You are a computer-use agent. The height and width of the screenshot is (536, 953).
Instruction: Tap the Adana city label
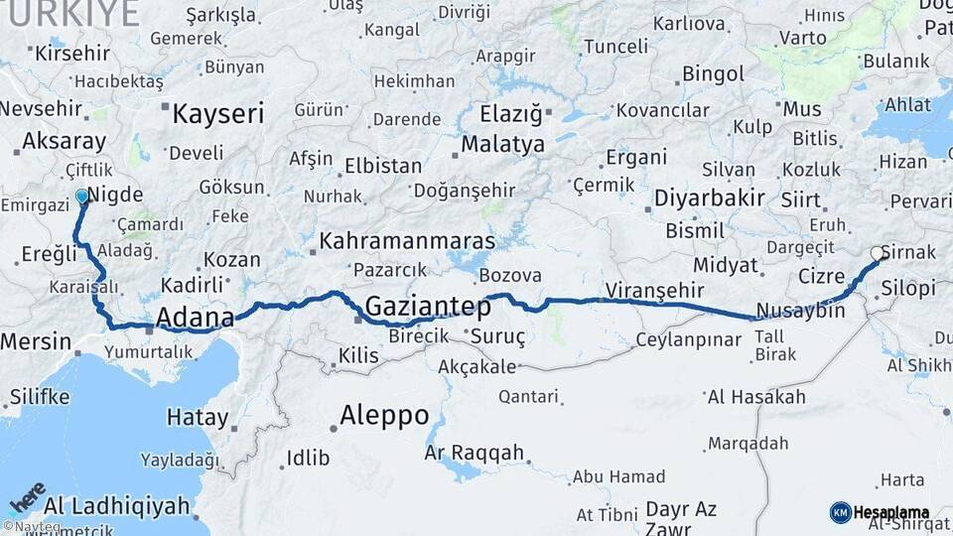pyautogui.click(x=195, y=319)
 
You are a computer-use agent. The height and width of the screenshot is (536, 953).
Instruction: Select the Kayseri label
pyautogui.click(x=218, y=113)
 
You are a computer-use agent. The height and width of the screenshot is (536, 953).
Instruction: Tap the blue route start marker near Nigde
pyautogui.click(x=82, y=198)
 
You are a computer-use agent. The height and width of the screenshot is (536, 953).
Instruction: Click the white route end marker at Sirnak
pyautogui.click(x=878, y=254)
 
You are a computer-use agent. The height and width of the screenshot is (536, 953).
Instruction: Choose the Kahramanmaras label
pyautogui.click(x=407, y=241)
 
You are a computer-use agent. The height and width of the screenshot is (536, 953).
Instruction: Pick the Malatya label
pyautogui.click(x=502, y=144)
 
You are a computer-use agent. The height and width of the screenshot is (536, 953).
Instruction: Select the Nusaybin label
pyautogui.click(x=800, y=311)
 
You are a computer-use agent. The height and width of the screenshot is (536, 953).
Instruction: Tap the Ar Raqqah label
pyautogui.click(x=474, y=453)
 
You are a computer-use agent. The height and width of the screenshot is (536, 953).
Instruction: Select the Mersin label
pyautogui.click(x=36, y=342)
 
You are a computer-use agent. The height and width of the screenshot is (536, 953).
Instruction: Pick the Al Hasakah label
pyautogui.click(x=756, y=397)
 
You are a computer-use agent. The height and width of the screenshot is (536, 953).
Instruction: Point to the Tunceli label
pyautogui.click(x=615, y=47)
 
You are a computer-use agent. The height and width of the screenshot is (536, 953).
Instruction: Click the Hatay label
pyautogui.click(x=198, y=417)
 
